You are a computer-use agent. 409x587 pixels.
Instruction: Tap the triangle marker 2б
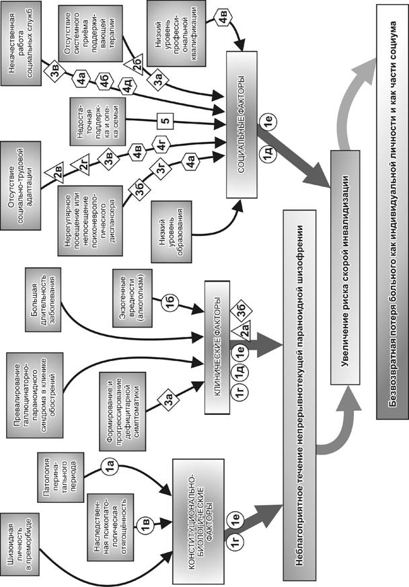138,63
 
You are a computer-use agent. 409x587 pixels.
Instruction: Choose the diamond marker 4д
128,87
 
